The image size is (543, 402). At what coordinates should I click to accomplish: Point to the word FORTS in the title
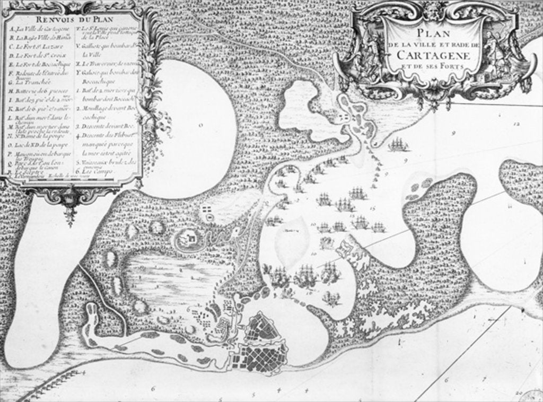pyautogui.click(x=449, y=67)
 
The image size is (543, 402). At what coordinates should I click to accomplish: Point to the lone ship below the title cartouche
pyautogui.click(x=398, y=144)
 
